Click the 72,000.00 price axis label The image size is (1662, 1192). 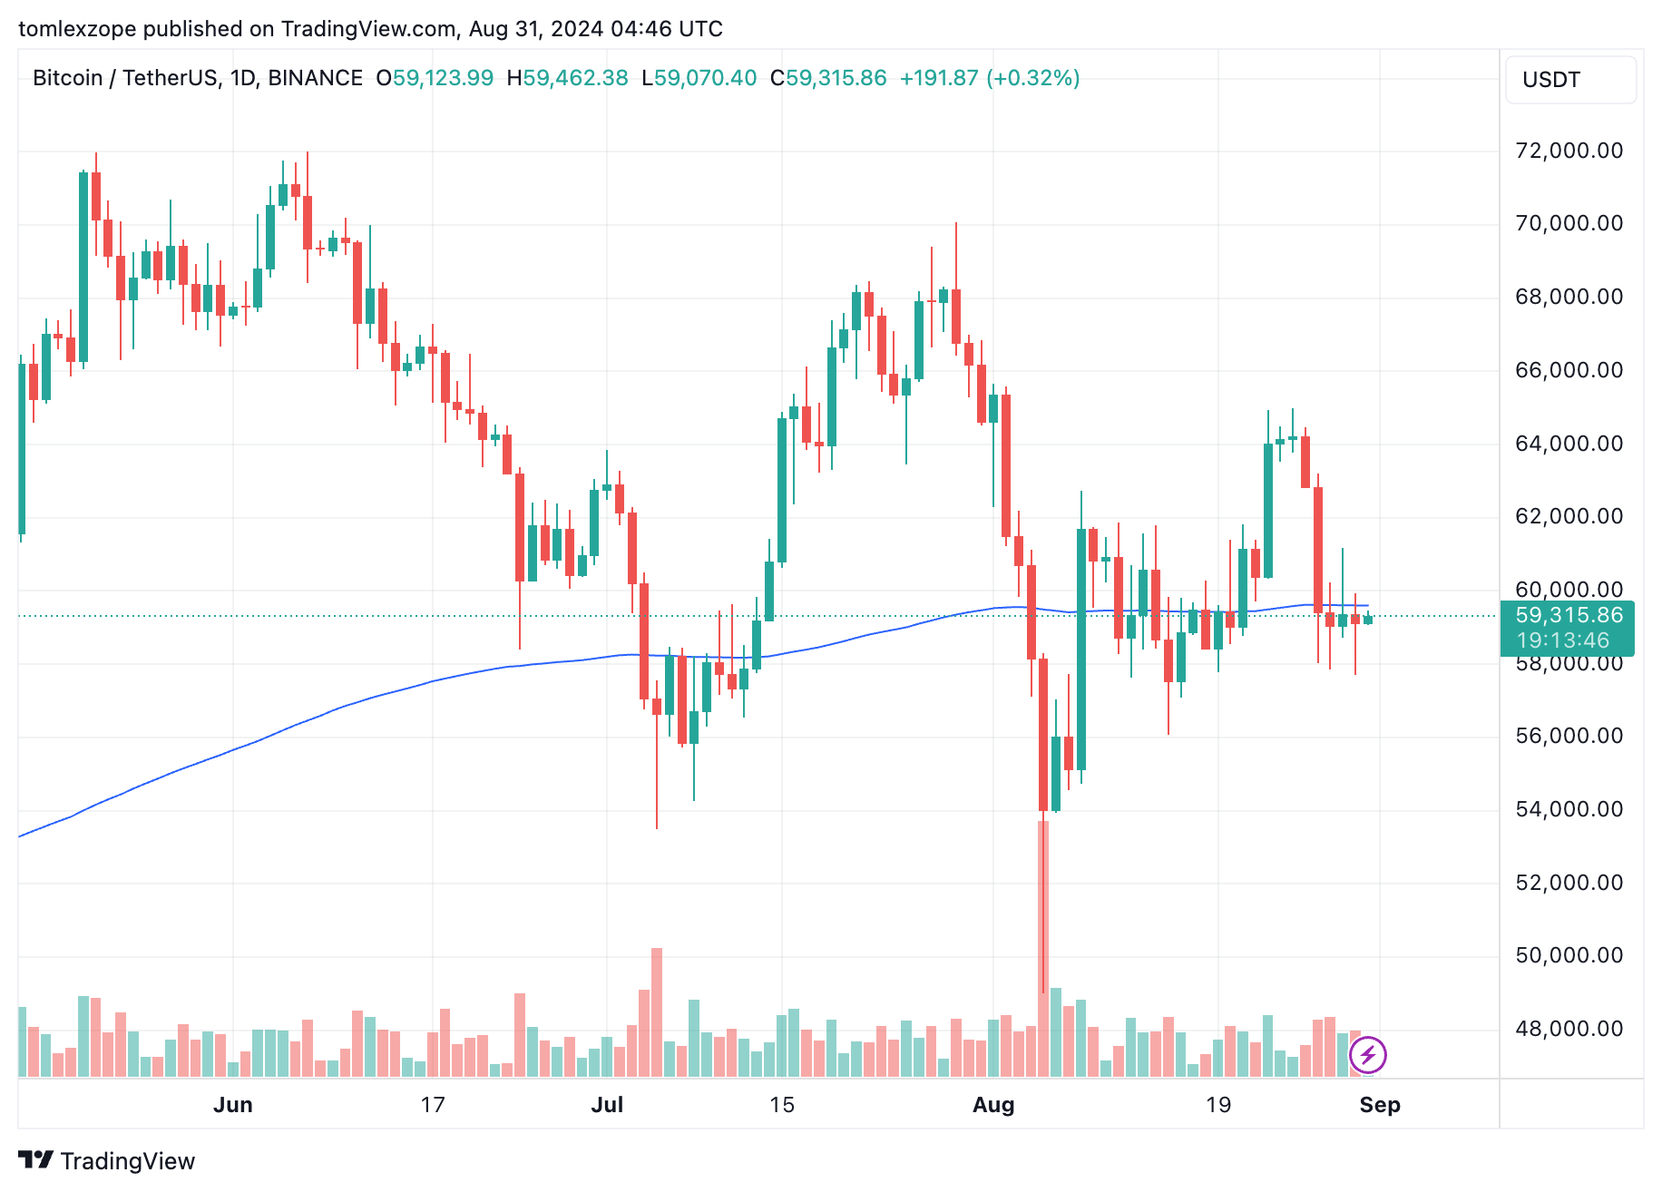[1569, 151]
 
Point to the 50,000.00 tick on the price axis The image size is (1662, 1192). [1569, 955]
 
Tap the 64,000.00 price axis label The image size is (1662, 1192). [1569, 444]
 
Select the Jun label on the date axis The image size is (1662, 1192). [233, 1105]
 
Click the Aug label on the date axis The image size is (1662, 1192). [993, 1105]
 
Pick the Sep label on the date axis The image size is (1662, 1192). [1380, 1105]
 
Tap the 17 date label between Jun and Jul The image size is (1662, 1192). [433, 1105]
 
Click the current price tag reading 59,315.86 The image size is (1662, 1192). [1569, 615]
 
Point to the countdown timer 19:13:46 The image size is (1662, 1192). [1562, 640]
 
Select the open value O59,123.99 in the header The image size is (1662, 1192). [435, 78]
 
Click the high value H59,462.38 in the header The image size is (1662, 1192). [567, 78]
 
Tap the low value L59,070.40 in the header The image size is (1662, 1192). [699, 78]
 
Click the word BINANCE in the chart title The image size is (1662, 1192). [315, 78]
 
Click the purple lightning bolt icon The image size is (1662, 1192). [1367, 1055]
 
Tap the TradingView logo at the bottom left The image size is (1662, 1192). [107, 1161]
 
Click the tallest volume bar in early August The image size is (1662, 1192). [1043, 948]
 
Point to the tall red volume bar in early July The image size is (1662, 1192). [657, 1011]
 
